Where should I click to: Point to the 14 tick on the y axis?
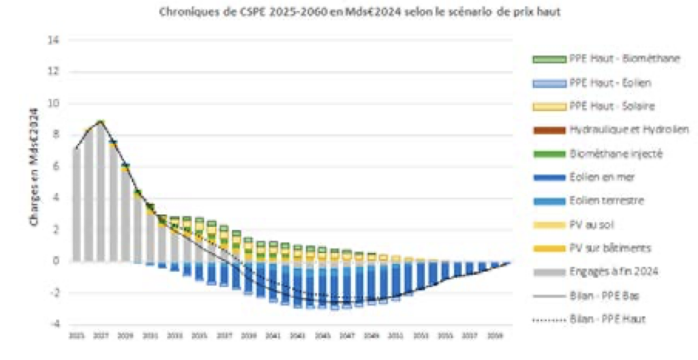coord(55,40)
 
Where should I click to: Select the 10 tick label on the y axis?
coord(55,104)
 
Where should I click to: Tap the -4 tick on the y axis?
coord(55,324)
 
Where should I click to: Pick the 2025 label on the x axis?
coord(76,335)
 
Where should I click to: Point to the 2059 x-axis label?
coord(492,335)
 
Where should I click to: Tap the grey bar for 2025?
coord(76,205)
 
